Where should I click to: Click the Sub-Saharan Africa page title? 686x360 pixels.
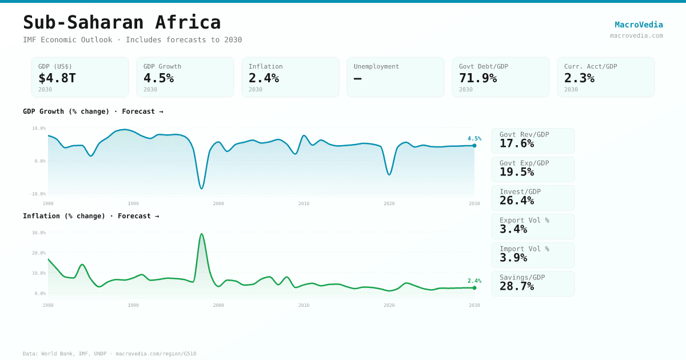pyautogui.click(x=122, y=22)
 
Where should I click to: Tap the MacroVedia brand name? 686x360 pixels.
pyautogui.click(x=639, y=25)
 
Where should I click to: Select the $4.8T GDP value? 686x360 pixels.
pyautogui.click(x=57, y=78)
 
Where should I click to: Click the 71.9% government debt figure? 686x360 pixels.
pyautogui.click(x=478, y=78)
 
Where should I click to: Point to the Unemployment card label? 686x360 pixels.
pyautogui.click(x=376, y=66)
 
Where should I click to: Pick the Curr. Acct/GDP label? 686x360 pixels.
pyautogui.click(x=591, y=66)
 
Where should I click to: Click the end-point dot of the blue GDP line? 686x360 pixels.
pyautogui.click(x=474, y=146)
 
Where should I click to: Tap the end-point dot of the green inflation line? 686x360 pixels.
pyautogui.click(x=474, y=288)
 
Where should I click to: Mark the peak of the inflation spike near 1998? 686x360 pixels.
pyautogui.click(x=201, y=234)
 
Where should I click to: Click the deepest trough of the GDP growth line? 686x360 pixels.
pyautogui.click(x=201, y=189)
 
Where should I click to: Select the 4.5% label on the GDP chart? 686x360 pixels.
pyautogui.click(x=474, y=138)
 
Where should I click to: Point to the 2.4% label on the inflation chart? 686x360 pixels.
pyautogui.click(x=474, y=281)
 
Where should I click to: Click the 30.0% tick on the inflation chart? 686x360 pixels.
pyautogui.click(x=39, y=233)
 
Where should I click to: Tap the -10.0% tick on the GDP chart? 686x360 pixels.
pyautogui.click(x=38, y=194)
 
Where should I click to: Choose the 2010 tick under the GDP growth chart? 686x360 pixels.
pyautogui.click(x=304, y=203)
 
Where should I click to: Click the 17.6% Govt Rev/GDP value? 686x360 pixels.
pyautogui.click(x=517, y=143)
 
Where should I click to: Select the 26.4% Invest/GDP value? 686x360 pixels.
pyautogui.click(x=517, y=201)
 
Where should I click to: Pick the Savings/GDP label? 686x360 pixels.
pyautogui.click(x=522, y=277)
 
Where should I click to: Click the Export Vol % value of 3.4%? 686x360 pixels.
pyautogui.click(x=513, y=229)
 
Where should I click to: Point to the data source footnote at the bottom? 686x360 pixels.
pyautogui.click(x=109, y=354)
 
